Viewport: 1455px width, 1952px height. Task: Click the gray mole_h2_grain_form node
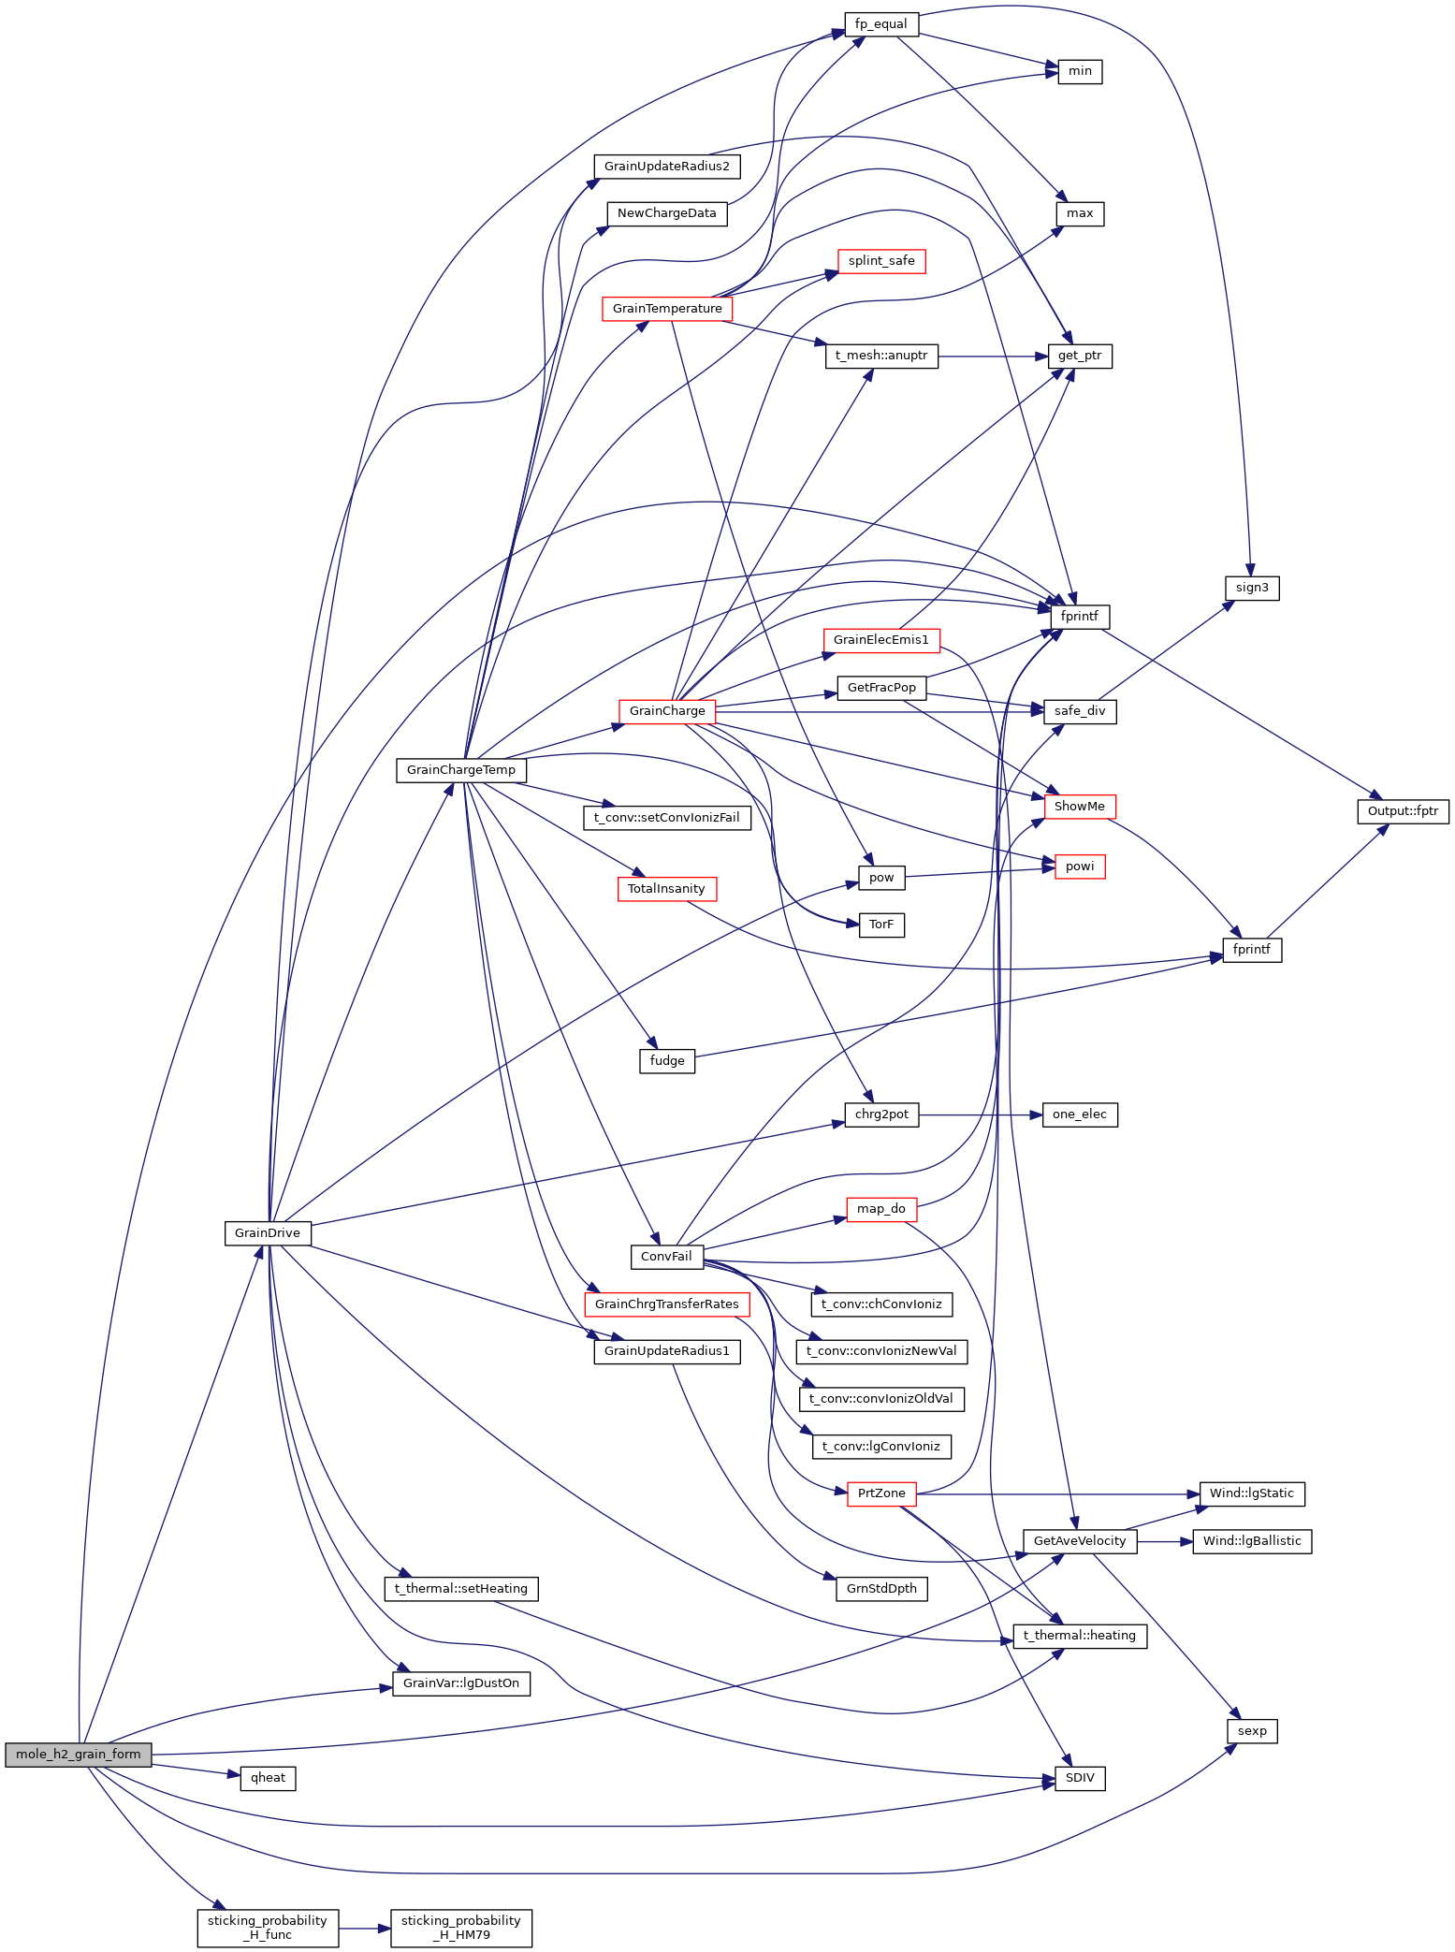[78, 1755]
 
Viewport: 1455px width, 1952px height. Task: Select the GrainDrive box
[268, 1233]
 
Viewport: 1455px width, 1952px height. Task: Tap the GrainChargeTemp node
[461, 770]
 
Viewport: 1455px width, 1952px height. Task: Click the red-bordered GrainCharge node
[667, 711]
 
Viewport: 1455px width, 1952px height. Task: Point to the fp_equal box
[881, 24]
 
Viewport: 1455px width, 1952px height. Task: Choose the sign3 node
[1252, 588]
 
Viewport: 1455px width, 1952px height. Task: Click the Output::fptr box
[1403, 811]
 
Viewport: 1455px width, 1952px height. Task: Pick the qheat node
[269, 1778]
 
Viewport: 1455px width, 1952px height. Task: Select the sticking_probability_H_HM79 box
[461, 1928]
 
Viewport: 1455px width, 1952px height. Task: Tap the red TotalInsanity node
[667, 889]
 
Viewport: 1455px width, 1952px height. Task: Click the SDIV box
[1080, 1778]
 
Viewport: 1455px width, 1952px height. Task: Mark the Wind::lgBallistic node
[1252, 1541]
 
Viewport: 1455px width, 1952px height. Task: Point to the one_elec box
[1080, 1114]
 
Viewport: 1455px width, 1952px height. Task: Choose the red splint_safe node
[881, 261]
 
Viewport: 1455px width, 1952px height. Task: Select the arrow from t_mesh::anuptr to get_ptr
[992, 356]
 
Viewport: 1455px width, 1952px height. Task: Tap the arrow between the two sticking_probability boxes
[364, 1928]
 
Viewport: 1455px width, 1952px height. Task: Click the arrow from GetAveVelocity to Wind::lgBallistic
[1165, 1541]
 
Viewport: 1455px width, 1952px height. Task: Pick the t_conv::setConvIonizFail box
[667, 818]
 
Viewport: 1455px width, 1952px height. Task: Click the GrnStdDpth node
[881, 1589]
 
